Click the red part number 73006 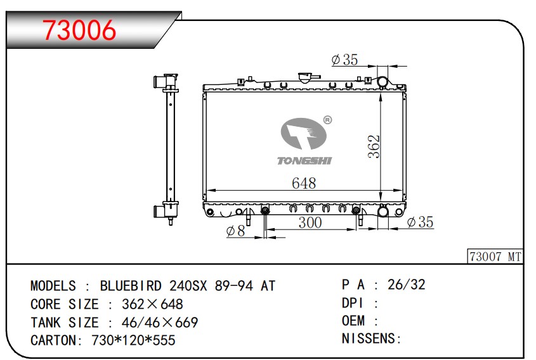[79, 30]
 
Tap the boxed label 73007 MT [495, 257]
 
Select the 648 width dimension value [304, 183]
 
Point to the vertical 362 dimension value [374, 146]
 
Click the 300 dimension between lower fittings [310, 222]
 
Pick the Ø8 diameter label [235, 231]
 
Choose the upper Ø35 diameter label [344, 60]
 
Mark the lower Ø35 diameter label [421, 222]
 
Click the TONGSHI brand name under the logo [304, 160]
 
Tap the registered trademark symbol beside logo [327, 120]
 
